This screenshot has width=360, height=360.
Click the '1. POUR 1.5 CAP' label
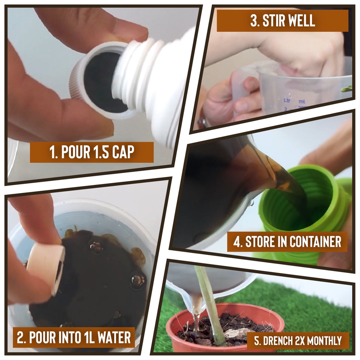coord(92,152)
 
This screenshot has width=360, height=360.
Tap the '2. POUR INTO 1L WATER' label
coord(74,337)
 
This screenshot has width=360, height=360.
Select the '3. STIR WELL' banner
coord(282,21)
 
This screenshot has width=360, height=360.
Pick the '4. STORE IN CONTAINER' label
coord(287,242)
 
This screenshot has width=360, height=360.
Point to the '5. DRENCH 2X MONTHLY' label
coord(298,340)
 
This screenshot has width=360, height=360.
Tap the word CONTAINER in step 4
coord(315,242)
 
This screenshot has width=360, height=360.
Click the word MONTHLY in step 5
coord(324,340)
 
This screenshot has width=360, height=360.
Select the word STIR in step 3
coord(273,21)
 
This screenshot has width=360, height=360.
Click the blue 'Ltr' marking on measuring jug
coord(287,100)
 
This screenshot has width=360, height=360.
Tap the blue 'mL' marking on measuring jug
coord(302,101)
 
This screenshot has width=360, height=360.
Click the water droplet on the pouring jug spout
coord(251,202)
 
